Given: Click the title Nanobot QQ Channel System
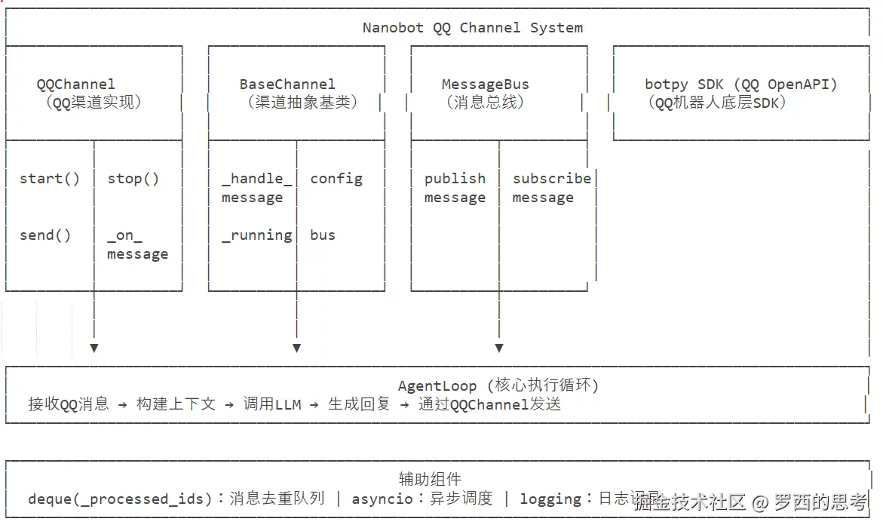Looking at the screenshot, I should (472, 28).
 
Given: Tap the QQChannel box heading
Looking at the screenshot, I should (75, 84).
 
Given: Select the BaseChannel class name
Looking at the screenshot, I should (287, 84).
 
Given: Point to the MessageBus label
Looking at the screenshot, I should (485, 84).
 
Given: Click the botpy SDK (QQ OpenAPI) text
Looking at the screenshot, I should (740, 84).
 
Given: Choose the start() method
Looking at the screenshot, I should (49, 179).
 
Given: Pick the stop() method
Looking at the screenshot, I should (133, 179).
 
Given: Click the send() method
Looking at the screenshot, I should (45, 235).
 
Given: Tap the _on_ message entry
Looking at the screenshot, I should (137, 245).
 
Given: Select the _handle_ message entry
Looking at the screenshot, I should (256, 188).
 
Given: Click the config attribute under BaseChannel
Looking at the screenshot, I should (336, 179).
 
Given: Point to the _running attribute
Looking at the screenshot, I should (256, 235).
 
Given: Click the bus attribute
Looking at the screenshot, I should (323, 235).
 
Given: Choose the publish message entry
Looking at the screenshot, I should (455, 188).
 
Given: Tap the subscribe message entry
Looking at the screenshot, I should (550, 188).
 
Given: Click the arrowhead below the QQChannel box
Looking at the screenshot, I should (94, 348).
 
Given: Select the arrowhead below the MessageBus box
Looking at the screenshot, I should (499, 348).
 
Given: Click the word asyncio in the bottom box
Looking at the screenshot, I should (382, 499).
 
